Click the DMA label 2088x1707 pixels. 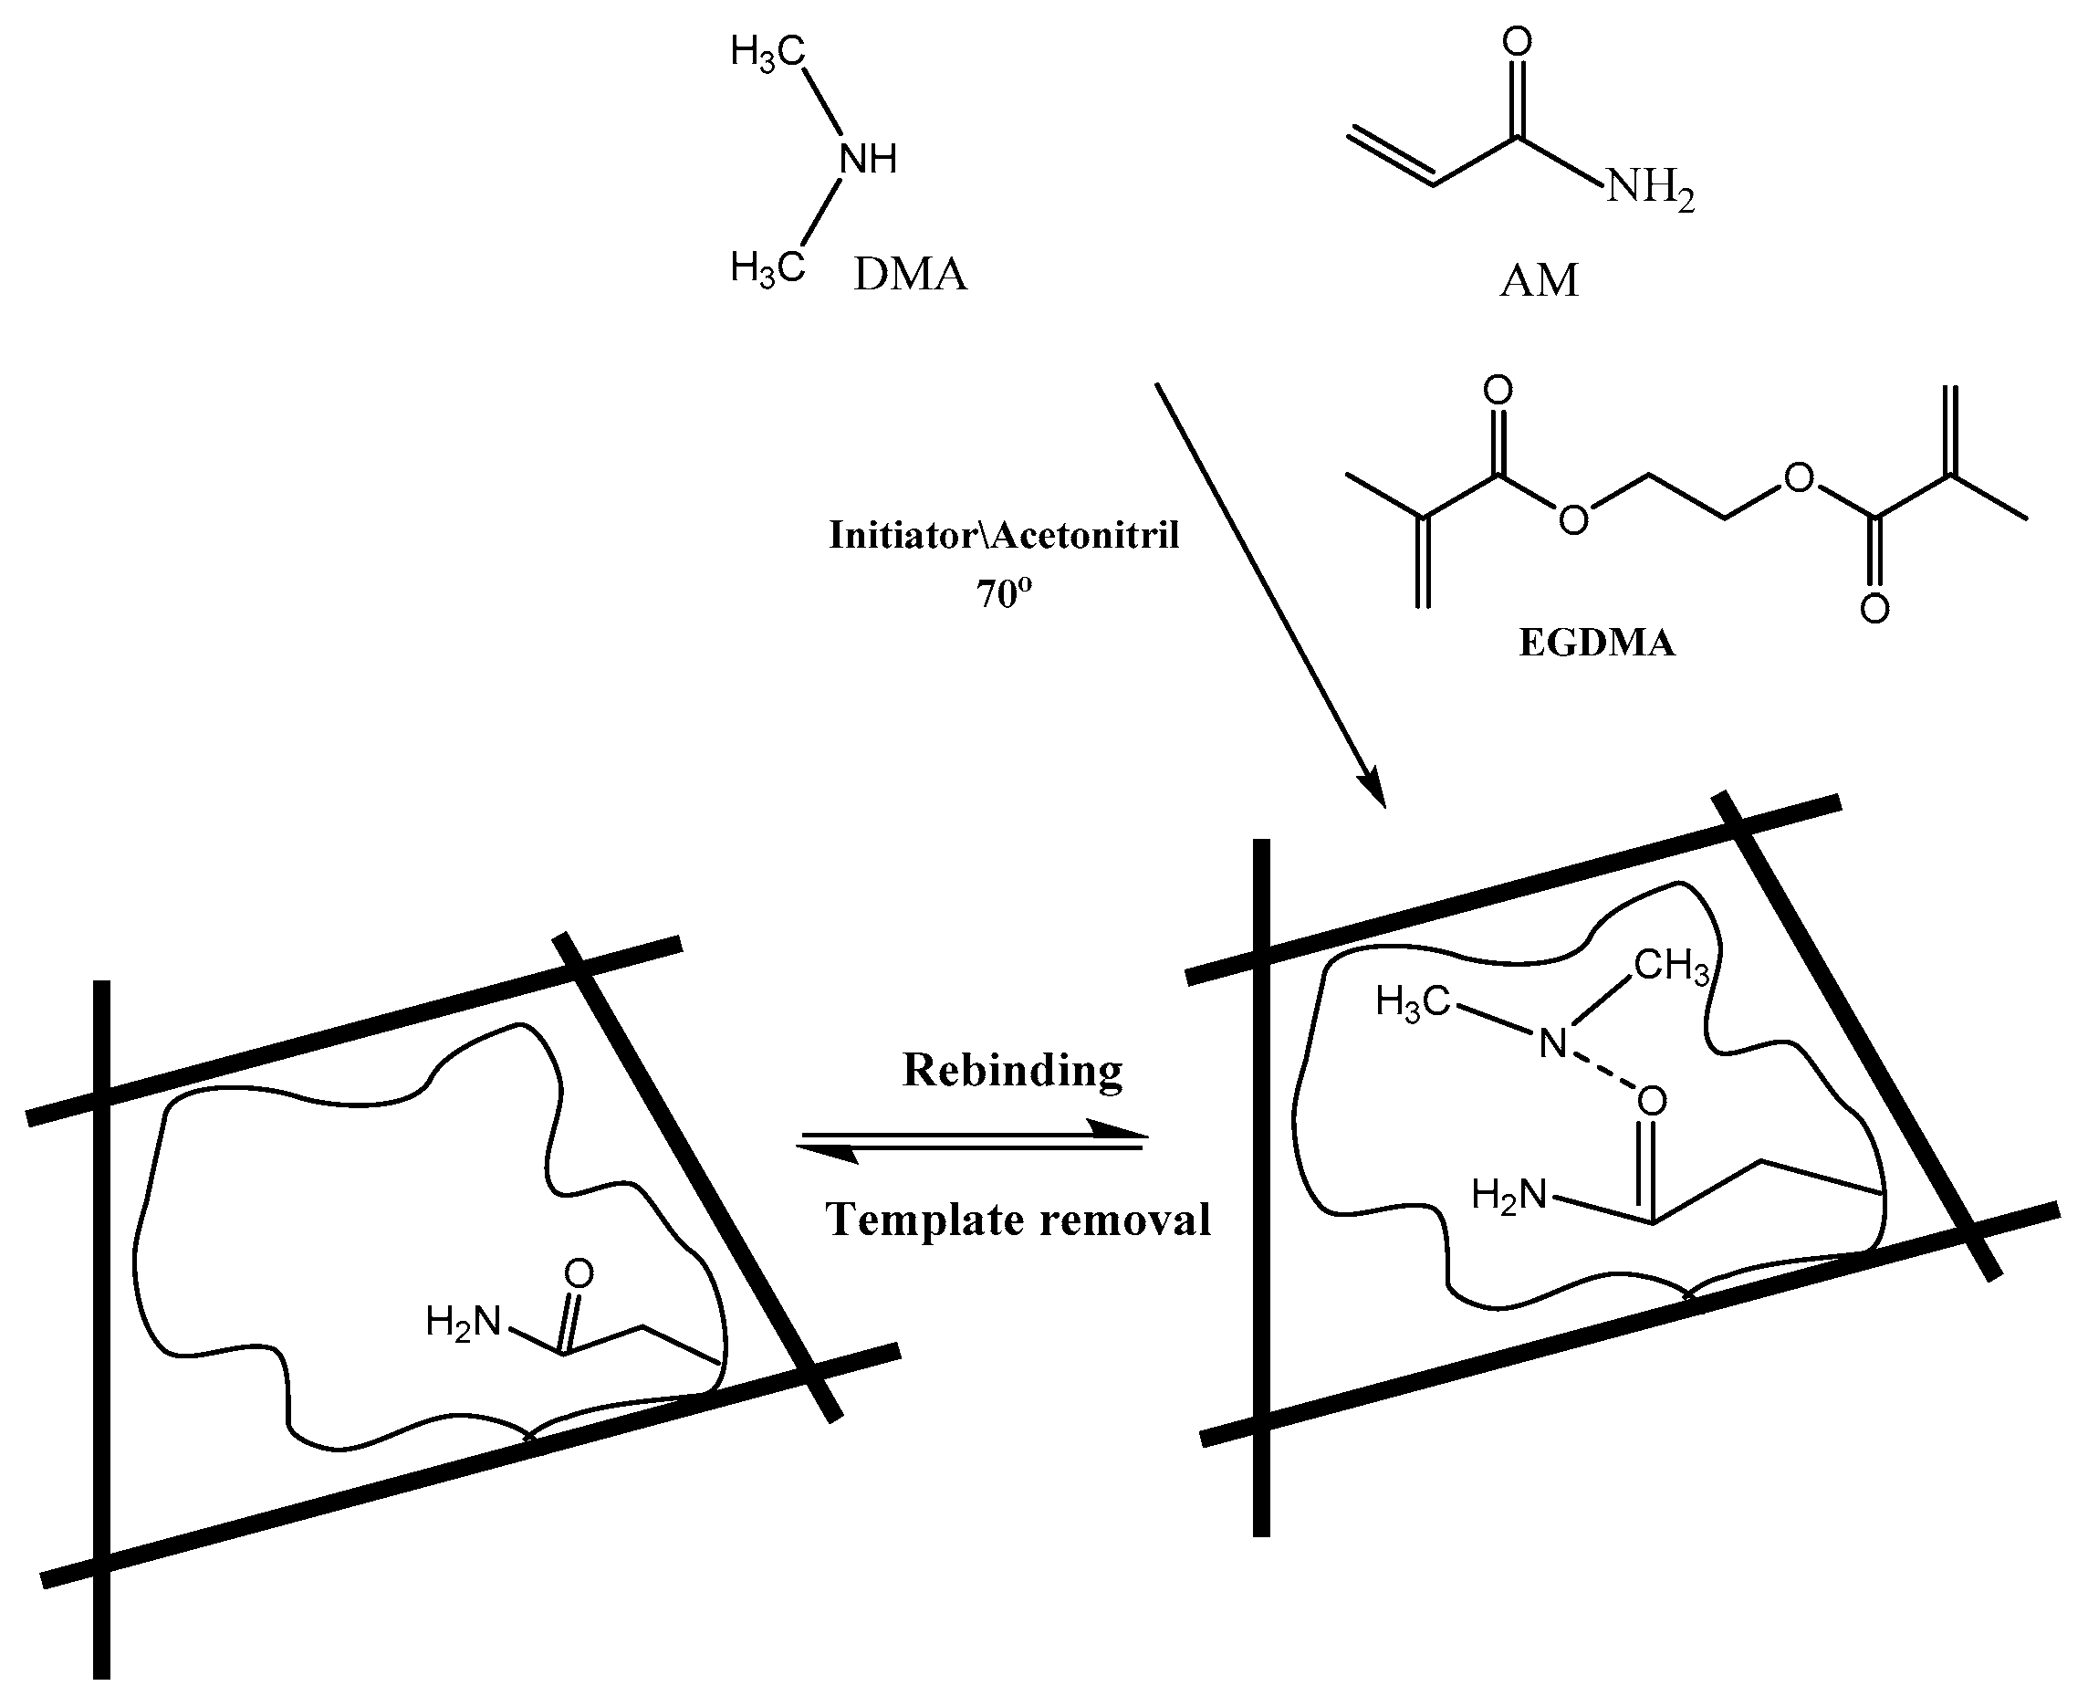(910, 275)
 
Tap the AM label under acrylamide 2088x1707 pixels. (1539, 281)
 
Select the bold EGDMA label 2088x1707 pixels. (1596, 643)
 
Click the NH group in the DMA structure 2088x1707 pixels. (868, 158)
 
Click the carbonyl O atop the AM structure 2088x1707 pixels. (1518, 41)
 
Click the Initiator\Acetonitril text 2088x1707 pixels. (1004, 535)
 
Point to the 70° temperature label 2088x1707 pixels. (1003, 593)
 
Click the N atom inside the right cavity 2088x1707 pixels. (1552, 1043)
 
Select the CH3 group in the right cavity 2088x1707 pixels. (1671, 967)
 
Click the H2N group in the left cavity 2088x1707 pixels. (463, 1322)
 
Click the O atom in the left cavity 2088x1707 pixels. (579, 1274)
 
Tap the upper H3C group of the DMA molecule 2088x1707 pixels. (767, 52)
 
